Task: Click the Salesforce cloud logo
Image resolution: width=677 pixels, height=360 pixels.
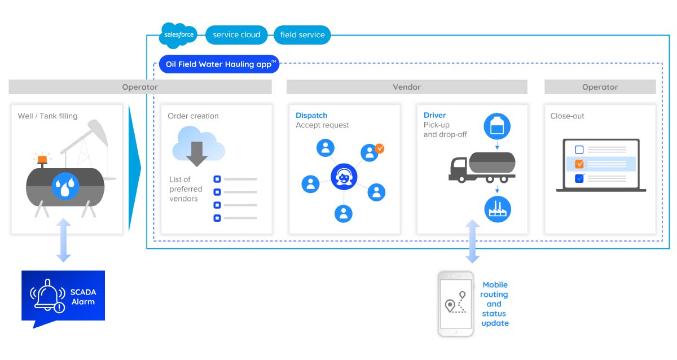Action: coord(178,34)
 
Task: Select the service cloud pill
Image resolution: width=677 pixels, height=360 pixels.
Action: coord(236,35)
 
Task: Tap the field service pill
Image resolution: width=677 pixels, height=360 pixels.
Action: coord(302,35)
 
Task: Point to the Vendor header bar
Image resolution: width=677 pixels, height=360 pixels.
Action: coord(407,87)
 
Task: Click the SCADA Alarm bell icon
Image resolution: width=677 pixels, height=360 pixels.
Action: coord(48,295)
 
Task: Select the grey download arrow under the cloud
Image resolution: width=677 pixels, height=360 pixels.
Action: coord(197,153)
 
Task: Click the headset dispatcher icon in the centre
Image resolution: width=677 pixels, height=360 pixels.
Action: coord(344,178)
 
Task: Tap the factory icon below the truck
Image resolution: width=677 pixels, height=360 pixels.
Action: coord(498,209)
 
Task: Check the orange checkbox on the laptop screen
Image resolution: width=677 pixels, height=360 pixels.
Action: coord(579,164)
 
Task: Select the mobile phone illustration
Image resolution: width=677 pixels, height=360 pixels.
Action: coord(456,304)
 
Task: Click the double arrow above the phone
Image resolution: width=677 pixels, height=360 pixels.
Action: coord(472,242)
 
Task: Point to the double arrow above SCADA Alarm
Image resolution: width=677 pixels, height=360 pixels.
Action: coord(64,240)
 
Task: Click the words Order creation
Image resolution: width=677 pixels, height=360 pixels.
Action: coord(193,116)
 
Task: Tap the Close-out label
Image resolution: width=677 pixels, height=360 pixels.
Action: coord(568,116)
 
